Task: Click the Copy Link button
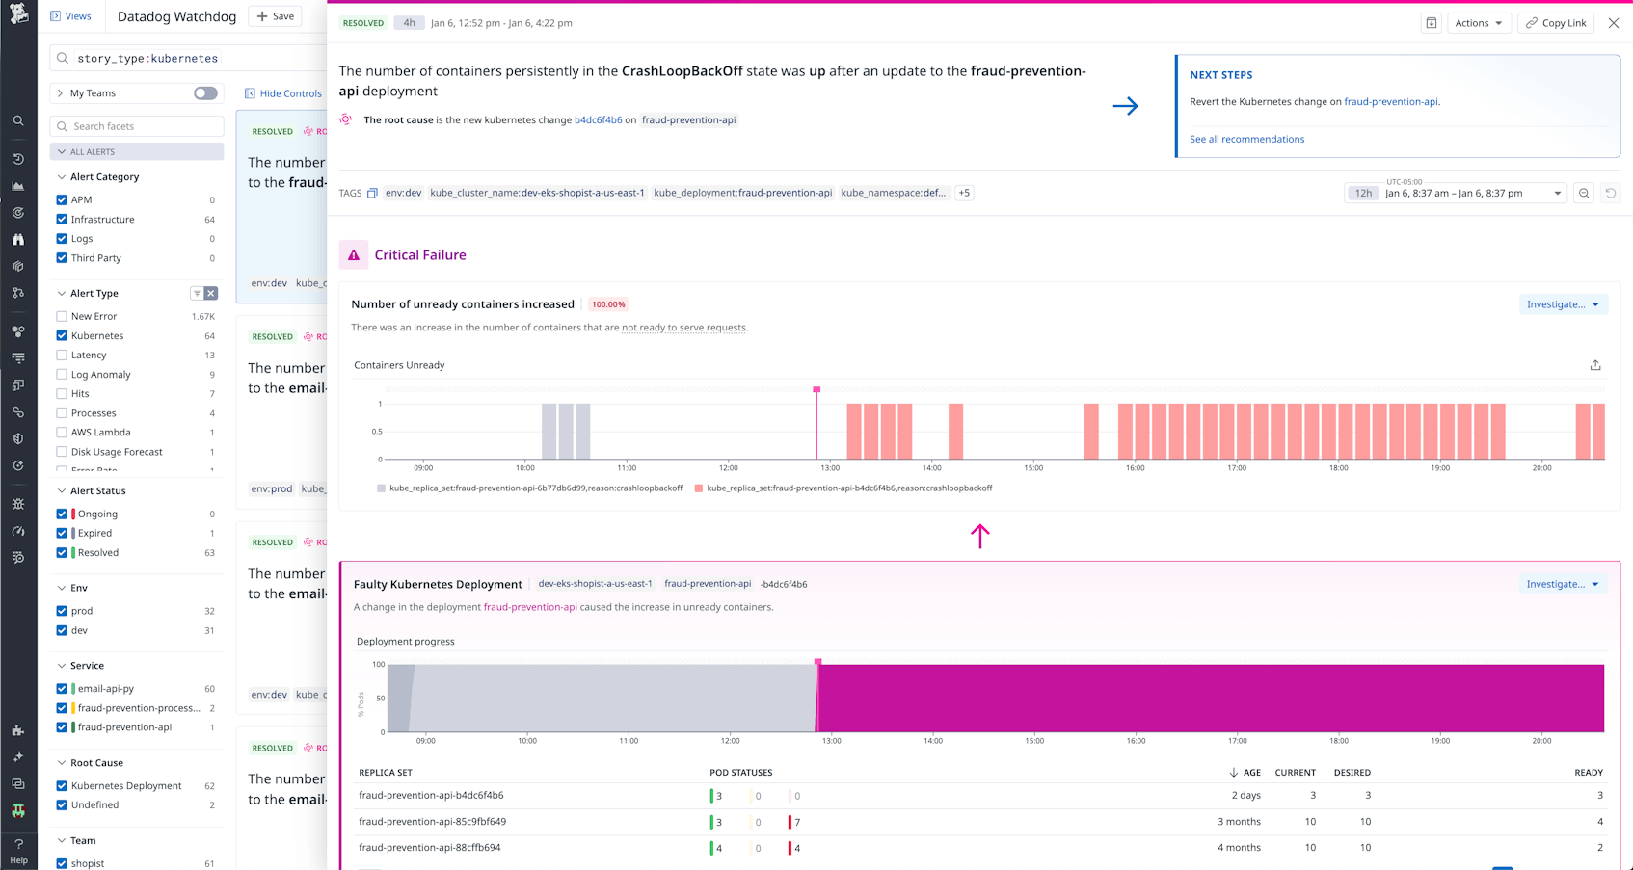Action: click(x=1556, y=23)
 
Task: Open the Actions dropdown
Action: click(x=1478, y=23)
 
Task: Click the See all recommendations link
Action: click(x=1246, y=139)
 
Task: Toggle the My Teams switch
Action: click(x=205, y=93)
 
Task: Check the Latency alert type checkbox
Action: click(x=62, y=356)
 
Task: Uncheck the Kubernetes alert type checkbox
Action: click(x=62, y=336)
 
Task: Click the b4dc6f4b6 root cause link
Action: click(x=598, y=120)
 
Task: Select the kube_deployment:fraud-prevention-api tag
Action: click(x=742, y=193)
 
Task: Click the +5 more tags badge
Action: click(x=964, y=193)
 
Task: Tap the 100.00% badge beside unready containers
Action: click(x=608, y=304)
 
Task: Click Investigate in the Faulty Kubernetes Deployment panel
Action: click(x=1562, y=584)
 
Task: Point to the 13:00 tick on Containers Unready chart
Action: click(x=830, y=468)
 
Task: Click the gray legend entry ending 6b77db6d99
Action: click(x=535, y=488)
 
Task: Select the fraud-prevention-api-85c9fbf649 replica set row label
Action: click(x=432, y=822)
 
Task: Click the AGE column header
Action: click(x=1251, y=773)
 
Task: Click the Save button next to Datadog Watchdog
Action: click(x=276, y=16)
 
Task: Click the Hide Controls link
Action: click(x=289, y=93)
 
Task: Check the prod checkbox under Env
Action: click(x=62, y=611)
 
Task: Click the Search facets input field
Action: click(x=145, y=126)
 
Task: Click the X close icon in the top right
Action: click(x=1613, y=23)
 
